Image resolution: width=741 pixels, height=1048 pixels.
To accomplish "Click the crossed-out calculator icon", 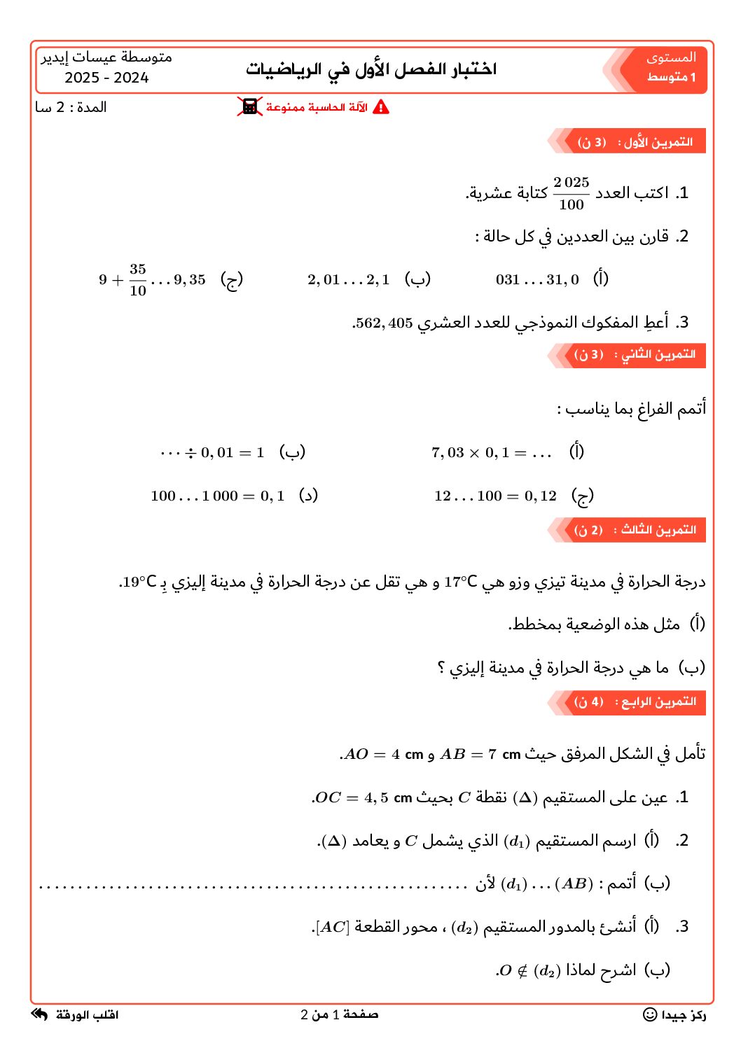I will point(249,107).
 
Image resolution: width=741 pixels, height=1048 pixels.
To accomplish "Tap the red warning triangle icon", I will point(381,107).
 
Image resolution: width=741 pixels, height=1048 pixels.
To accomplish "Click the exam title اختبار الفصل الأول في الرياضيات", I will point(371,69).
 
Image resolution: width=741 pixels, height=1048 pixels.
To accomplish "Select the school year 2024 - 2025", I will point(106,78).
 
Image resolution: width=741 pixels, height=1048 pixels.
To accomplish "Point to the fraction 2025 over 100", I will point(572,193).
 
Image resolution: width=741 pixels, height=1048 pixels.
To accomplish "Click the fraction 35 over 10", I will point(138,279).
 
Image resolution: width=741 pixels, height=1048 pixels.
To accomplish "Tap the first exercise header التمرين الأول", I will point(635,142).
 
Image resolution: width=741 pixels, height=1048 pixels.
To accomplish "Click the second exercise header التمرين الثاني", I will point(635,355).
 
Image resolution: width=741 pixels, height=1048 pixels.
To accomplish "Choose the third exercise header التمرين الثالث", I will point(635,530).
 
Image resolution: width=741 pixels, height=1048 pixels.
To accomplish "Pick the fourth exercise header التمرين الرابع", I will point(635,701).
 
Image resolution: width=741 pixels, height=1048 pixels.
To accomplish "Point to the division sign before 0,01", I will point(191,453).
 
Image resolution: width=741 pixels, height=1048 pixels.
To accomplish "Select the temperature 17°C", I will point(460,582).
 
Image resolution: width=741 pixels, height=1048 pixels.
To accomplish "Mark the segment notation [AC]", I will point(333,927).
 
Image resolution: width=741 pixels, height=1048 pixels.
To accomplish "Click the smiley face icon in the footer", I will point(650,1014).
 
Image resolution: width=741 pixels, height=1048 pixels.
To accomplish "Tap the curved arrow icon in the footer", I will point(40,1014).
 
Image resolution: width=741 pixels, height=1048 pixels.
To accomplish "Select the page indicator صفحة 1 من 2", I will point(340,1014).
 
